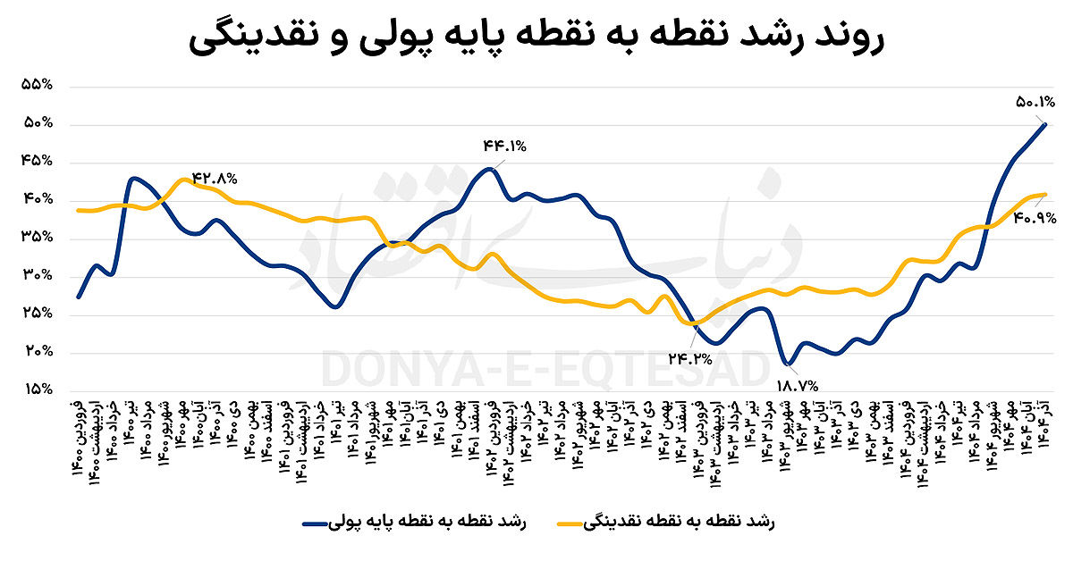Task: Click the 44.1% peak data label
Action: coord(505,146)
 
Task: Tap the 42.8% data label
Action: coord(214,178)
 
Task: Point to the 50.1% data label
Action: coord(1036,102)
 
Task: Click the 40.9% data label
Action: coord(1036,216)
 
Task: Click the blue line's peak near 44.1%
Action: coord(489,169)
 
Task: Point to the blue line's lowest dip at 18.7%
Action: coord(787,364)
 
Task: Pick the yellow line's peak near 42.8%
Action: coord(182,180)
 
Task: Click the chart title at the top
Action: coord(536,40)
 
